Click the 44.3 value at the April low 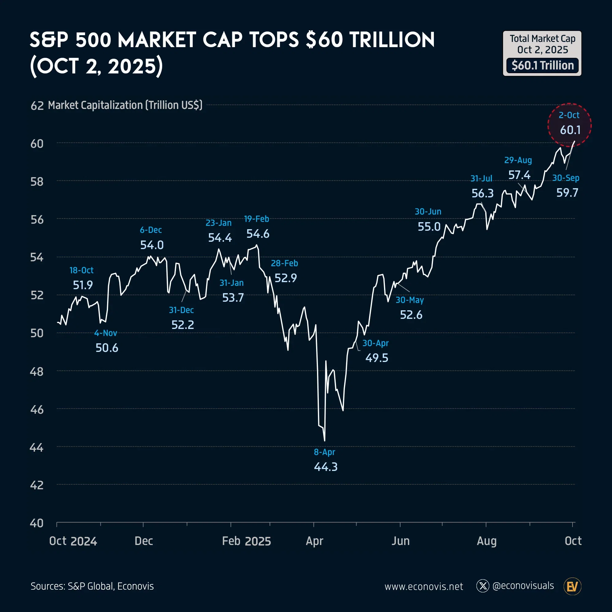(326, 467)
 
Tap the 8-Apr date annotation (324, 452)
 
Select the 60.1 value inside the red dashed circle (570, 130)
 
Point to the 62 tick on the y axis (37, 106)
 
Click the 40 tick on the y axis (37, 523)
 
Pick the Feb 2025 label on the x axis (246, 541)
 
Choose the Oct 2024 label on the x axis (73, 541)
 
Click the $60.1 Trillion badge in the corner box (542, 65)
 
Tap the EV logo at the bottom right (573, 587)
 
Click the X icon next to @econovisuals (483, 586)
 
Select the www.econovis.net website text (424, 587)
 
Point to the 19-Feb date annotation (257, 219)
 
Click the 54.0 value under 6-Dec (152, 245)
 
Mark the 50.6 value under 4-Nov (107, 348)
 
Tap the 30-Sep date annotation (566, 178)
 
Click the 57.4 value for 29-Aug (519, 175)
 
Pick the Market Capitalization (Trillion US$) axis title (125, 105)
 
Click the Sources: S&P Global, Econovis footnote (92, 586)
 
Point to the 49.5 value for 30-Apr (377, 358)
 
